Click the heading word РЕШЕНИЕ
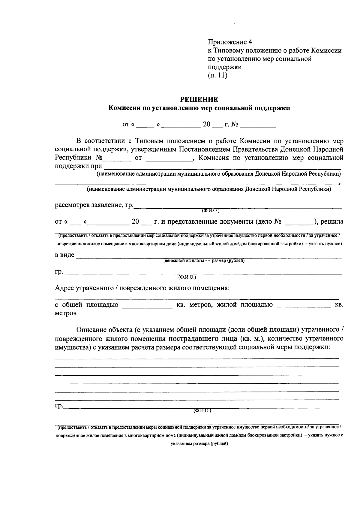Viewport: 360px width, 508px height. tap(199, 100)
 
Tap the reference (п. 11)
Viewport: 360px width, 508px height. tap(217, 75)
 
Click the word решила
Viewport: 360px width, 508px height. tap(332, 222)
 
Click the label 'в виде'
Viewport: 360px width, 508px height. tap(64, 255)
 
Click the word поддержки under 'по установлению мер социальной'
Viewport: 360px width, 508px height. tap(225, 67)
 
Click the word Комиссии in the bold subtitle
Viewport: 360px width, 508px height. tap(124, 108)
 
